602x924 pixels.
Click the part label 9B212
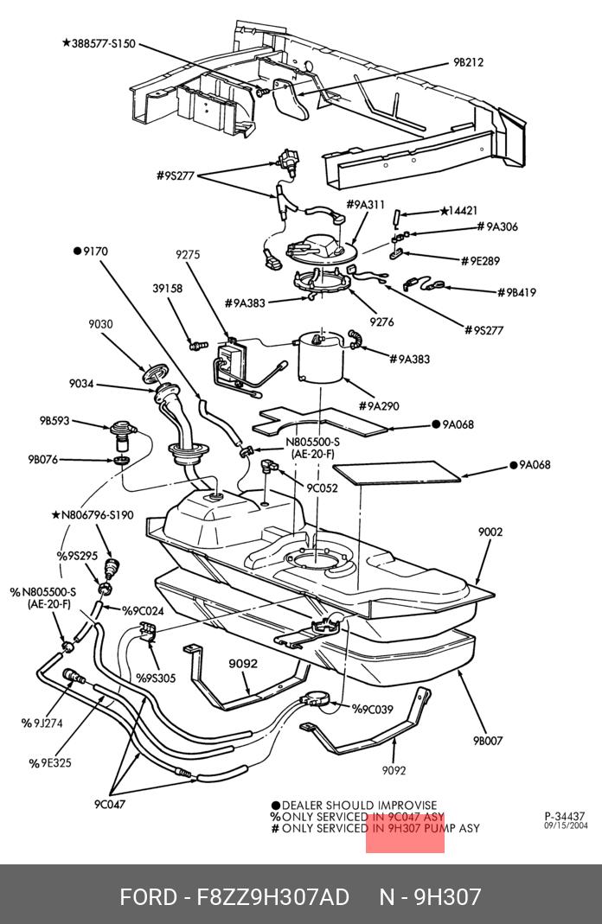(468, 62)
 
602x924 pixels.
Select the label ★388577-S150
(99, 42)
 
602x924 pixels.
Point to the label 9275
(188, 254)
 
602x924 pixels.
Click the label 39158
(168, 289)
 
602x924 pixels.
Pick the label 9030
(100, 324)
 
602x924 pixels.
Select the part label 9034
(82, 384)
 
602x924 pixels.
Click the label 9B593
(54, 422)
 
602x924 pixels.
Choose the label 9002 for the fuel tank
(490, 532)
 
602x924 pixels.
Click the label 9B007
(488, 741)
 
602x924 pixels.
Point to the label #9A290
(379, 405)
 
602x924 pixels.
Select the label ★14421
(458, 210)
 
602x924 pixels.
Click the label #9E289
(480, 260)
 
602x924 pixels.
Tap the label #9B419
(516, 292)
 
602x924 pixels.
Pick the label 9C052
(322, 487)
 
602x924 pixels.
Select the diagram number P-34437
(565, 816)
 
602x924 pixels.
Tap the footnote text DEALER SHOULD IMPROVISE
(359, 805)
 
